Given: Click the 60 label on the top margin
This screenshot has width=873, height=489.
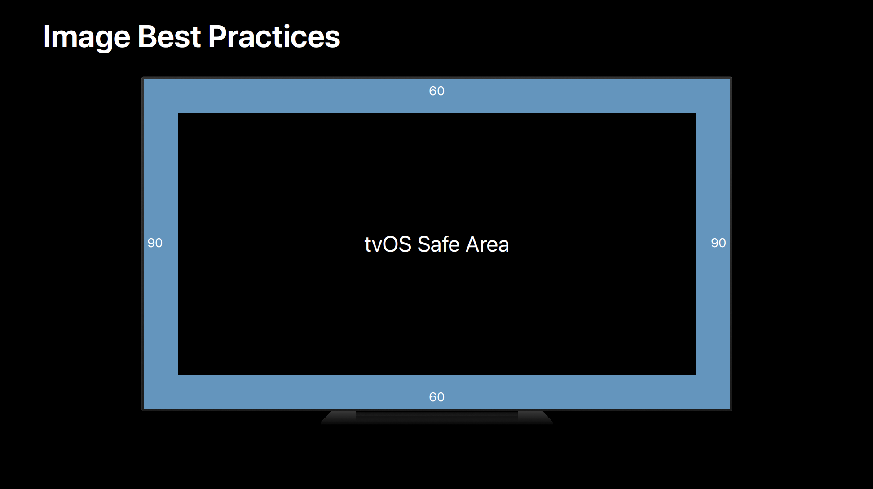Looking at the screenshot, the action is pyautogui.click(x=436, y=91).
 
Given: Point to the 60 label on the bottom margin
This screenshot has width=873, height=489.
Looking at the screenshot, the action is pyautogui.click(x=436, y=397).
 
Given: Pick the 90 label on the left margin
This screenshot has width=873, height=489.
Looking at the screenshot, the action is pyautogui.click(x=155, y=243).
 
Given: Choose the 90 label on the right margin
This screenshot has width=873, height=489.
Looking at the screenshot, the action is pyautogui.click(x=719, y=243).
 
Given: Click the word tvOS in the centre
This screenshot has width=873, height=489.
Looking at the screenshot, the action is pyautogui.click(x=388, y=244).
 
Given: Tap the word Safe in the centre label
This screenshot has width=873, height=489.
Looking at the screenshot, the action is pyautogui.click(x=439, y=244).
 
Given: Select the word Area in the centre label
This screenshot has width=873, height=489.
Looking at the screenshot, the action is pyautogui.click(x=488, y=244).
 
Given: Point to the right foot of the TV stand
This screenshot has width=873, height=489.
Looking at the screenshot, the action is pyautogui.click(x=535, y=417).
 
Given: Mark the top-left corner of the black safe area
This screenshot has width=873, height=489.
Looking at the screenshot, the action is pyautogui.click(x=178, y=113).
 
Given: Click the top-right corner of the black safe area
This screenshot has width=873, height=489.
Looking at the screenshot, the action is pyautogui.click(x=696, y=113).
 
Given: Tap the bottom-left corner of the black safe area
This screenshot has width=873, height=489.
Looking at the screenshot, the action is pyautogui.click(x=178, y=374).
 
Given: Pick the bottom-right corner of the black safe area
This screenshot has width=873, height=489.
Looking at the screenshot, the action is pyautogui.click(x=696, y=374).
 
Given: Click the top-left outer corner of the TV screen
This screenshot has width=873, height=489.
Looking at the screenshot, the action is pyautogui.click(x=142, y=78).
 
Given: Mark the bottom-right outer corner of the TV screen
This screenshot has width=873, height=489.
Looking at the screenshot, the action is pyautogui.click(x=731, y=410).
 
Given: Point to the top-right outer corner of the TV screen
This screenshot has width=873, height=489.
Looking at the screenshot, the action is pyautogui.click(x=731, y=78).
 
